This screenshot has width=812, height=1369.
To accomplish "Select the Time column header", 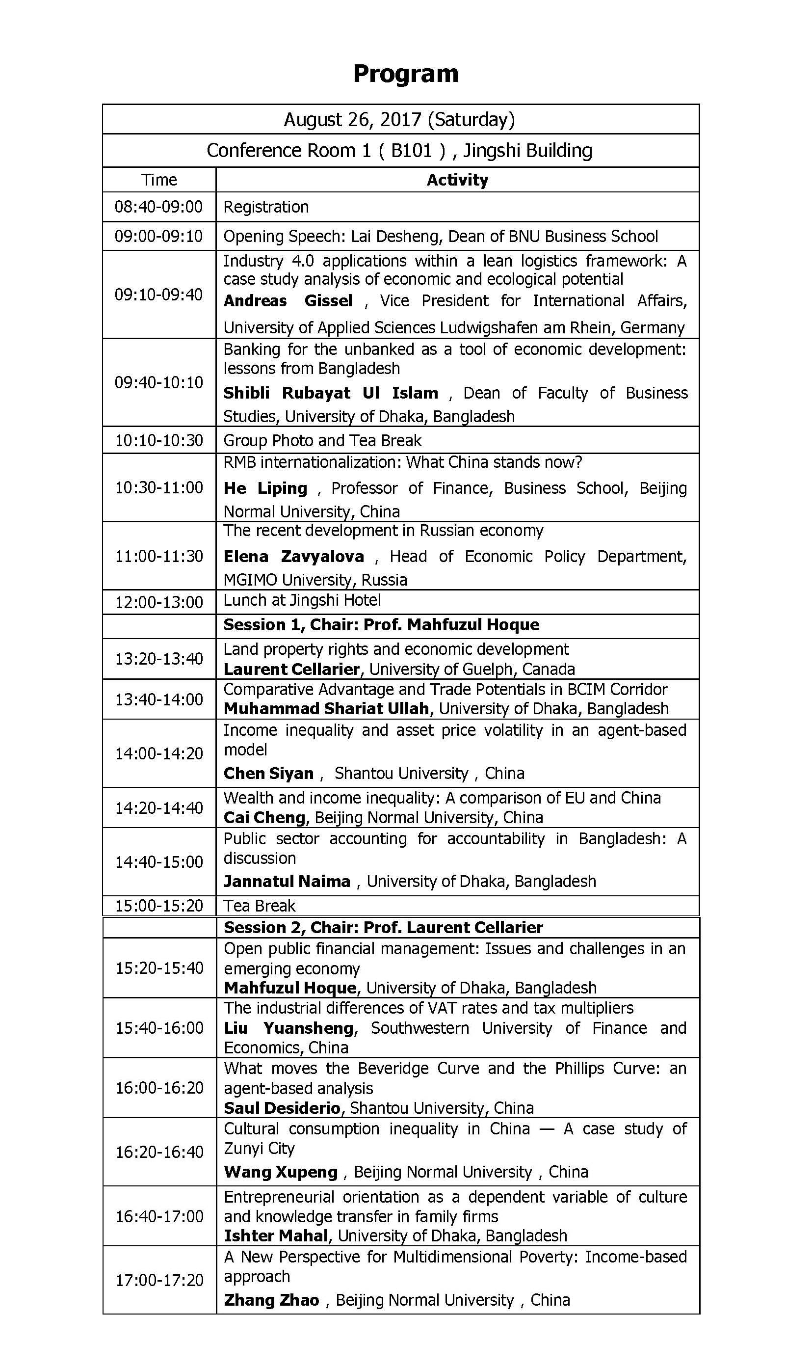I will [159, 180].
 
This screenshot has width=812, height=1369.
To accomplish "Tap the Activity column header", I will [457, 180].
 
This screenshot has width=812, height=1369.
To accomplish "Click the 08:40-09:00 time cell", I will [158, 207].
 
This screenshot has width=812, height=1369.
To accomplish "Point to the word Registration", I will [266, 207].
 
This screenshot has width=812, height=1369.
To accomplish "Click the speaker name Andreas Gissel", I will [288, 301].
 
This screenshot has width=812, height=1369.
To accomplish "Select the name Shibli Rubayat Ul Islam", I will [331, 393].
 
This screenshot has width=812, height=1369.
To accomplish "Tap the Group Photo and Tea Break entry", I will [322, 441].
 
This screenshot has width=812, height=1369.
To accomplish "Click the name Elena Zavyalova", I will [294, 557].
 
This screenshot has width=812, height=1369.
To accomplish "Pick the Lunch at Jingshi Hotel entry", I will [302, 600].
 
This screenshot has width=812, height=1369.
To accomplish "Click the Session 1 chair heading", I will [381, 625].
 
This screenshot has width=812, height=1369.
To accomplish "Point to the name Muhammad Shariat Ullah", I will [326, 709].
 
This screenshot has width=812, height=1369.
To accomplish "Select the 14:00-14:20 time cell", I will [158, 754].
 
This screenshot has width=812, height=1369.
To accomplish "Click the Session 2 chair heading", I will [383, 928].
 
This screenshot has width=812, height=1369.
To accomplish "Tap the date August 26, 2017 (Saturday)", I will [399, 119].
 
